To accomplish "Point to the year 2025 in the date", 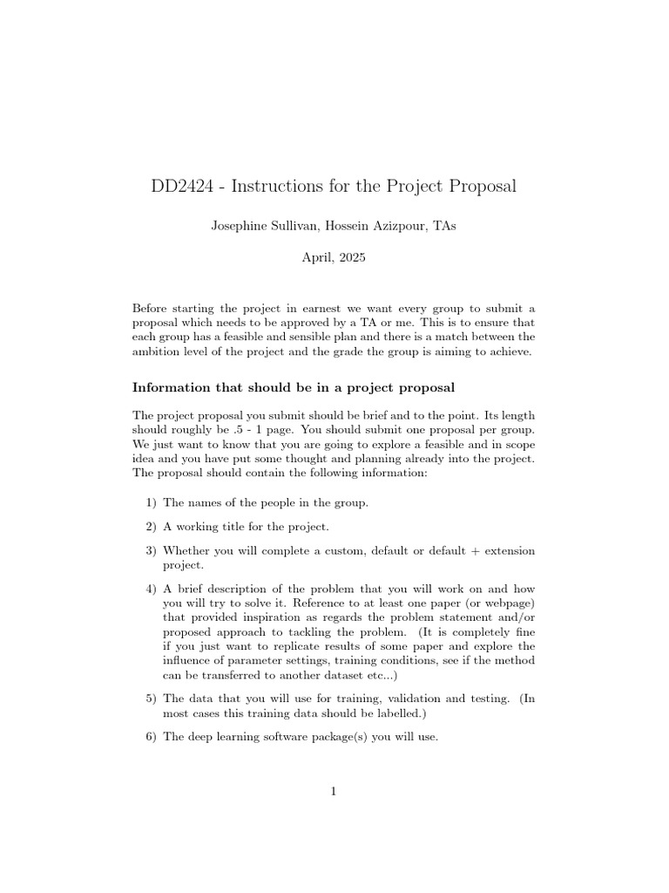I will coord(352,258).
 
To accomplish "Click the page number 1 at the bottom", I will coord(334,791).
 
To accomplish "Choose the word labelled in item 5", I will coord(400,712).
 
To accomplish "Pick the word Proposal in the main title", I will coord(480,186).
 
